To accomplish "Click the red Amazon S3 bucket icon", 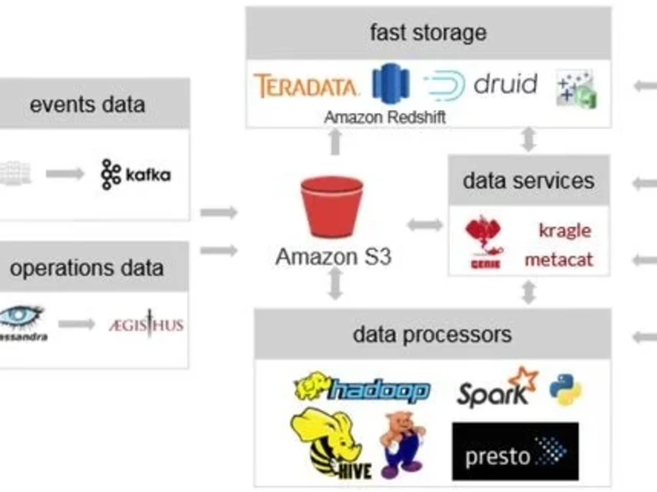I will (332, 206).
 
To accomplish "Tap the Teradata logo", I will (306, 86).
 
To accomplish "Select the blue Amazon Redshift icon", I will (391, 84).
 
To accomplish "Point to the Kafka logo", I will (136, 174).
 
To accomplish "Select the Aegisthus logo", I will (146, 324).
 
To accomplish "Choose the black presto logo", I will (515, 451).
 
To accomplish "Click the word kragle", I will (564, 230).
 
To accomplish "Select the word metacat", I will (558, 259).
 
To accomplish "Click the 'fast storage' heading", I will (428, 33).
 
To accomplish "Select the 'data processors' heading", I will (432, 334).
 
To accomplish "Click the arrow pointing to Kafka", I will (65, 174).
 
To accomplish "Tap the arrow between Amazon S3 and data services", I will (424, 225).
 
